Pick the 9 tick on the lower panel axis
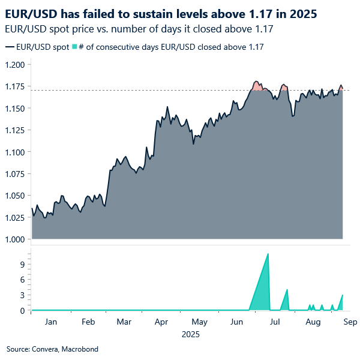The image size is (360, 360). point(21,264)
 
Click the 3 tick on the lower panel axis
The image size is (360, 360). point(21,295)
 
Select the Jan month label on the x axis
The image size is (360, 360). point(50,322)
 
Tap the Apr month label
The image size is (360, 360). point(161,322)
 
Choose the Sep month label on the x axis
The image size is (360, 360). point(350,322)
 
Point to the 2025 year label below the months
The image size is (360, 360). point(191,334)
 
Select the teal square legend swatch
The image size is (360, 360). point(74,46)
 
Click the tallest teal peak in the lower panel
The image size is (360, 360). point(268,254)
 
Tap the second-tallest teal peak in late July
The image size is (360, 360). point(287,290)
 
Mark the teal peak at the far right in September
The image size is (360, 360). point(342,295)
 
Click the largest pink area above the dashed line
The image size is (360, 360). point(257,86)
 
